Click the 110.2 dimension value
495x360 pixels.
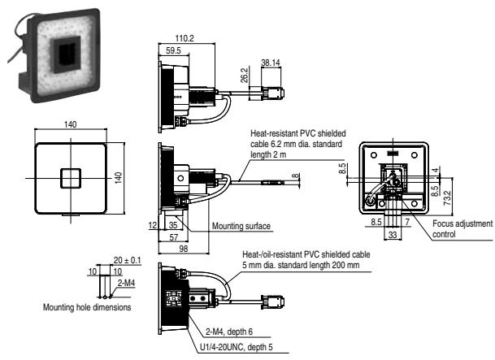[x=184, y=37]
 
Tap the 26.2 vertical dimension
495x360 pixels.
[x=243, y=75]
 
